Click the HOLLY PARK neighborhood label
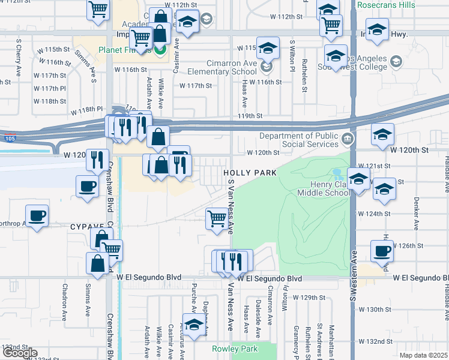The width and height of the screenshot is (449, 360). [x=250, y=173]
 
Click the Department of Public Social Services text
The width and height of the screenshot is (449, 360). [x=301, y=139]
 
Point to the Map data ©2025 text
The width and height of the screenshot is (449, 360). [x=424, y=355]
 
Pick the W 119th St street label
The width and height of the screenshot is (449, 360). [x=250, y=116]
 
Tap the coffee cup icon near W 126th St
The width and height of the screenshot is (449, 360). [x=382, y=251]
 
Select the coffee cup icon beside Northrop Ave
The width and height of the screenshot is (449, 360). [x=37, y=215]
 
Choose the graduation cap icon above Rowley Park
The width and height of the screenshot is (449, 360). [x=194, y=326]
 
